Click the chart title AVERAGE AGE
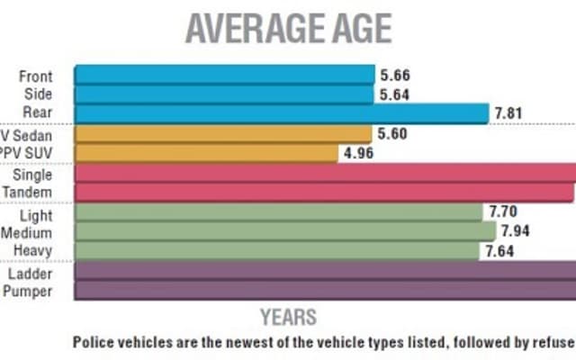click(288, 29)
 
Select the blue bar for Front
click(223, 75)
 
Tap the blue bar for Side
click(223, 94)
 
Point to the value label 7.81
click(509, 113)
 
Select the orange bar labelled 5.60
click(222, 133)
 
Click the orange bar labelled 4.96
click(204, 153)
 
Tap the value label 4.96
click(355, 153)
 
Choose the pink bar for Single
click(325, 173)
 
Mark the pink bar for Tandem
click(325, 193)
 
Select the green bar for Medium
click(284, 231)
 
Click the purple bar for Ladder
click(325, 271)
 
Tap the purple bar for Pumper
click(325, 290)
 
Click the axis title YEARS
click(288, 317)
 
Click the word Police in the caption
click(94, 343)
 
